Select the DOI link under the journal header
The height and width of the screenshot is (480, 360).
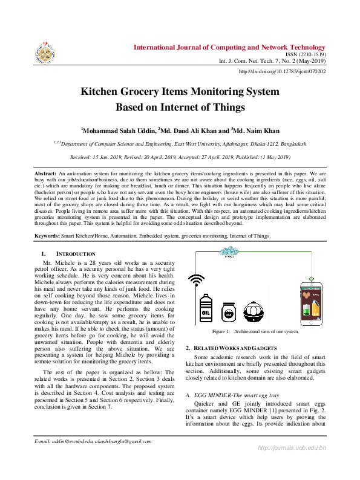click(283, 71)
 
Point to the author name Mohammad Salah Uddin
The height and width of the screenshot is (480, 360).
click(119, 130)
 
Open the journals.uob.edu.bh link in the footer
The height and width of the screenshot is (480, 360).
click(292, 464)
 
